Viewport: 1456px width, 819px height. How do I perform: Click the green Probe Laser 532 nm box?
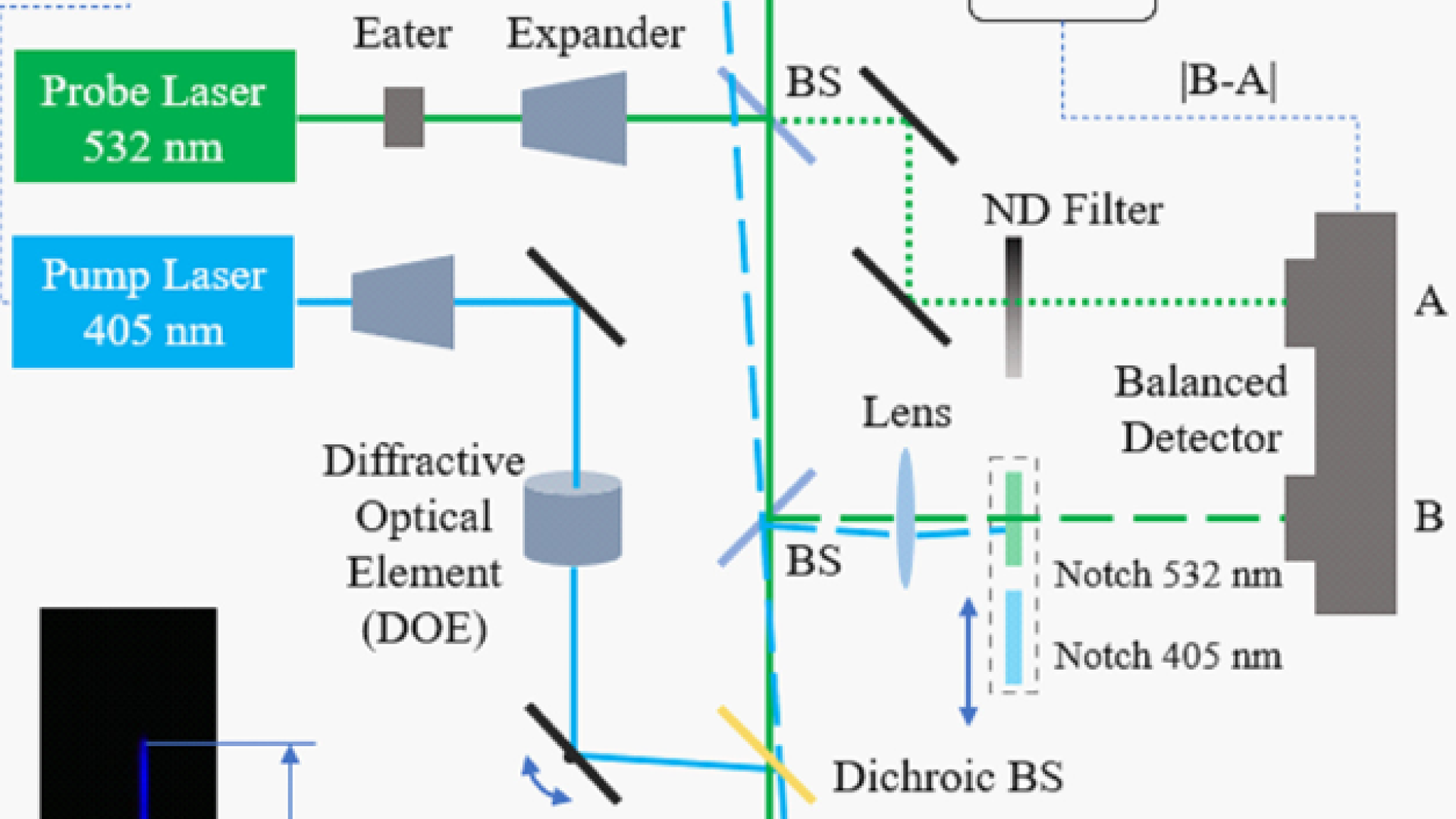pyautogui.click(x=155, y=116)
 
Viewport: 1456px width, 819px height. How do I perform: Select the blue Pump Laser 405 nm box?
pyautogui.click(x=153, y=302)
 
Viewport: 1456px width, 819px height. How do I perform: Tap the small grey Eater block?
pyautogui.click(x=403, y=117)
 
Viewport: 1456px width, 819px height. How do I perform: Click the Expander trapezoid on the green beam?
pyautogui.click(x=575, y=118)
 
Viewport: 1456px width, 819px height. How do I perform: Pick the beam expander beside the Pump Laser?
pyautogui.click(x=403, y=302)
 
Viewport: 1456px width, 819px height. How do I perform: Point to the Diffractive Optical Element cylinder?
pyautogui.click(x=573, y=519)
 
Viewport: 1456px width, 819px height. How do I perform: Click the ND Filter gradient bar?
pyautogui.click(x=1013, y=307)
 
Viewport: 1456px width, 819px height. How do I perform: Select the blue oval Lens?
pyautogui.click(x=905, y=519)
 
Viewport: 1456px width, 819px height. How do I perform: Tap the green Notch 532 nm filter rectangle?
pyautogui.click(x=1013, y=519)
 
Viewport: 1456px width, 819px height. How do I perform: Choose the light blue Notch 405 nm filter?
pyautogui.click(x=1013, y=637)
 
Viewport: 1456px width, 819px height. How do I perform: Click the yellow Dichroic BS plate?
pyautogui.click(x=766, y=754)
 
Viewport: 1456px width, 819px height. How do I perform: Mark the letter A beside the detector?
pyautogui.click(x=1429, y=302)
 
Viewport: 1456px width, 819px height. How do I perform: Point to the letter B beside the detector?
pyautogui.click(x=1429, y=517)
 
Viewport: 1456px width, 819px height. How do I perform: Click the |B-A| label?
pyautogui.click(x=1228, y=80)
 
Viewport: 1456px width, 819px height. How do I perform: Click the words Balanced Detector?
pyautogui.click(x=1201, y=409)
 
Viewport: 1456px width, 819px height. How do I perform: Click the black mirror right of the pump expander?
pyautogui.click(x=576, y=297)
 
